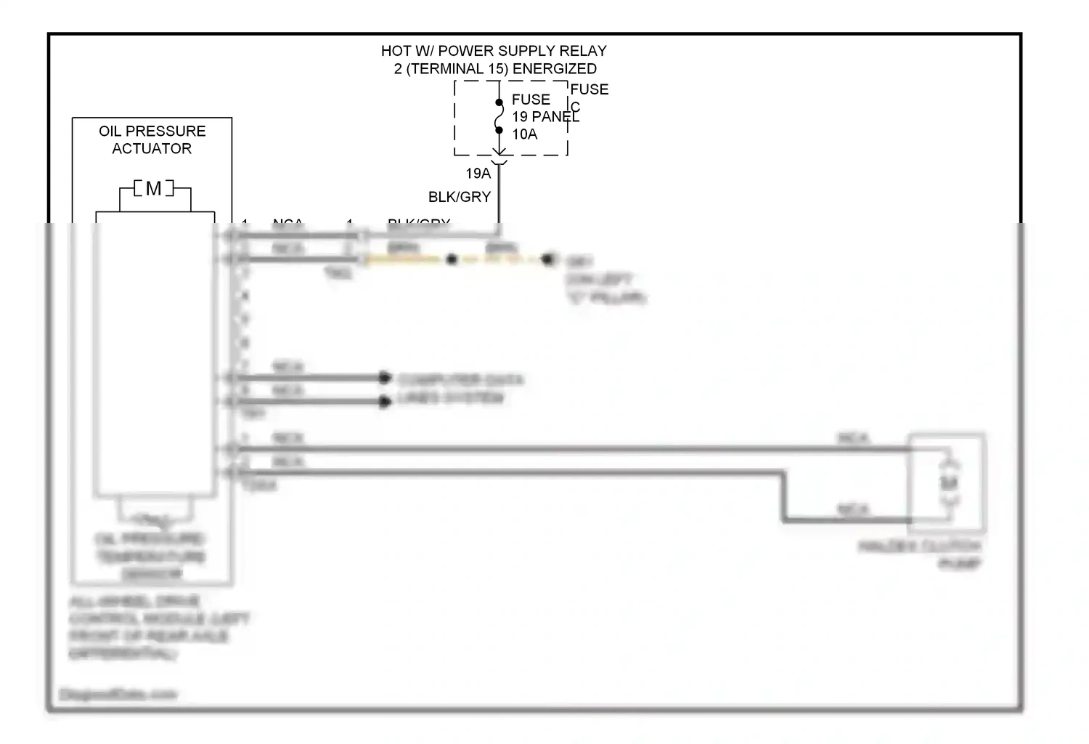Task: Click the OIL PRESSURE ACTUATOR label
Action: (152, 139)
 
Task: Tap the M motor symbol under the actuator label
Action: (154, 189)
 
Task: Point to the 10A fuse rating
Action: (524, 134)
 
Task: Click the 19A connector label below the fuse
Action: (478, 174)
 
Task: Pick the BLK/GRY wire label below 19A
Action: (459, 197)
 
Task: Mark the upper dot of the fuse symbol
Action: (499, 102)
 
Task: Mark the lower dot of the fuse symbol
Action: (499, 130)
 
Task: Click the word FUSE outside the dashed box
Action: (589, 89)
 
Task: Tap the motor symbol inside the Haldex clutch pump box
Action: (949, 482)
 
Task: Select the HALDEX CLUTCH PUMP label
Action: (921, 554)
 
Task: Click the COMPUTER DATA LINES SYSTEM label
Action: (460, 389)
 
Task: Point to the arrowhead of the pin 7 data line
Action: (385, 378)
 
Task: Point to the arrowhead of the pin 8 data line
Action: (385, 402)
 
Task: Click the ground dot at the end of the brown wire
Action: (549, 259)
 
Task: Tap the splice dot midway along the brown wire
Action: (452, 259)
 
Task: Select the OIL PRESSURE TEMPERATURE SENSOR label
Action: (151, 557)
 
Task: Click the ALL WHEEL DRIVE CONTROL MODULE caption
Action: (158, 628)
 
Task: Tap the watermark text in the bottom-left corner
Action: (118, 695)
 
